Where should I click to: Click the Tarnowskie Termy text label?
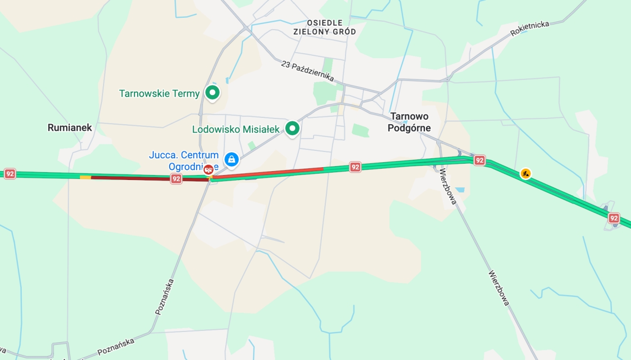pyautogui.click(x=159, y=94)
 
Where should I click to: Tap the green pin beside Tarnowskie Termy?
pyautogui.click(x=212, y=92)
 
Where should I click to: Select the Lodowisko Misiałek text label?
pyautogui.click(x=236, y=130)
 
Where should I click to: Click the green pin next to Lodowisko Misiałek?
pyautogui.click(x=293, y=129)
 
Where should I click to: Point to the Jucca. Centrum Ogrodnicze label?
pyautogui.click(x=183, y=160)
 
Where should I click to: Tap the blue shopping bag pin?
pyautogui.click(x=231, y=159)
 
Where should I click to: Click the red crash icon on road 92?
pyautogui.click(x=209, y=170)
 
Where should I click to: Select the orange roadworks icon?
pyautogui.click(x=526, y=174)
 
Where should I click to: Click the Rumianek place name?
pyautogui.click(x=70, y=128)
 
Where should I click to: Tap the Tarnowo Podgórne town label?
pyautogui.click(x=409, y=122)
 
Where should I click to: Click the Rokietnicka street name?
pyautogui.click(x=529, y=28)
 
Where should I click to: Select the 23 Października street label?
pyautogui.click(x=307, y=71)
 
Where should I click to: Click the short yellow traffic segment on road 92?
pyautogui.click(x=85, y=177)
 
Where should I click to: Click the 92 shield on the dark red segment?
pyautogui.click(x=176, y=179)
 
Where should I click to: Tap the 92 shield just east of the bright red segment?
pyautogui.click(x=355, y=167)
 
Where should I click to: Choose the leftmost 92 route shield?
pyautogui.click(x=10, y=174)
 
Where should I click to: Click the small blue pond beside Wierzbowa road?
pyautogui.click(x=459, y=190)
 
